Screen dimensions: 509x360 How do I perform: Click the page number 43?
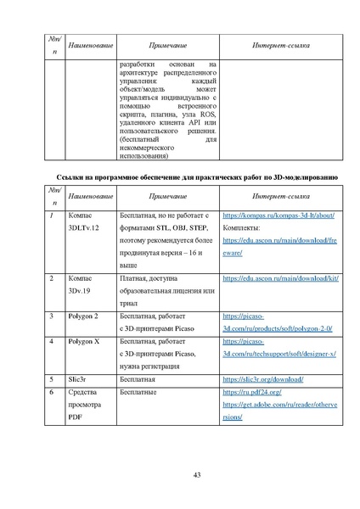click(195, 473)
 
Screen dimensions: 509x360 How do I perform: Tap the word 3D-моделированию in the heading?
click(305, 177)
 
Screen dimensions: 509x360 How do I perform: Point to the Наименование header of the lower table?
click(91, 196)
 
